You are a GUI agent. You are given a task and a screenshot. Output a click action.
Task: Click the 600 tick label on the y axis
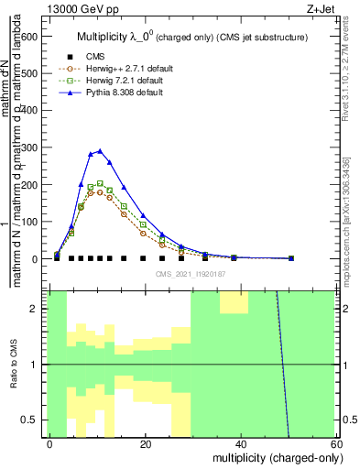[x=29, y=36]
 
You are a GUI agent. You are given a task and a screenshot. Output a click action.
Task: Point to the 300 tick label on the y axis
[x=29, y=147]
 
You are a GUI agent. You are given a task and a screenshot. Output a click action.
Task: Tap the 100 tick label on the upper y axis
[x=29, y=222]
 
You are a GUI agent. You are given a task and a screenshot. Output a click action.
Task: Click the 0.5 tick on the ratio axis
[x=30, y=420]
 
